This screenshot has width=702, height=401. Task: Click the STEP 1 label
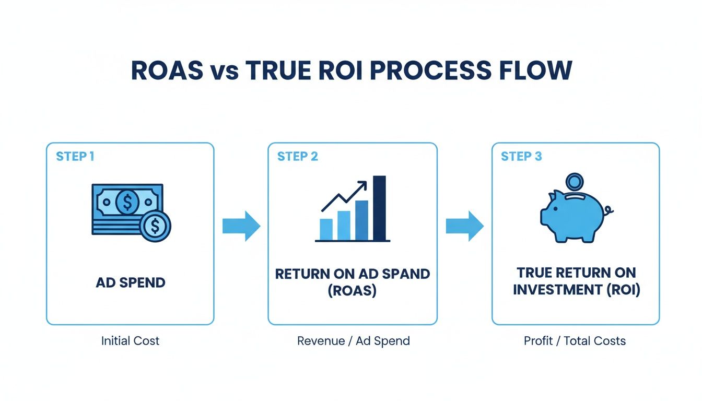click(x=75, y=157)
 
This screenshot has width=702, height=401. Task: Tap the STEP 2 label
click(x=297, y=157)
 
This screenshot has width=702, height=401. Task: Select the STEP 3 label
click(x=521, y=157)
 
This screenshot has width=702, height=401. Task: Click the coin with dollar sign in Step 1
click(x=155, y=226)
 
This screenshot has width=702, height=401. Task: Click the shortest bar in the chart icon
click(x=326, y=229)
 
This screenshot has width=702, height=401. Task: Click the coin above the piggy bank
click(x=575, y=183)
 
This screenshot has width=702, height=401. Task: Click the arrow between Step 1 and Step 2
click(x=241, y=226)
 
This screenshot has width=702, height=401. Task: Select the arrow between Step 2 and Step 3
click(x=464, y=226)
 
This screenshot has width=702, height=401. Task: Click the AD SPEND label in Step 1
click(x=131, y=282)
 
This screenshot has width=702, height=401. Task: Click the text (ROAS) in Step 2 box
click(x=352, y=291)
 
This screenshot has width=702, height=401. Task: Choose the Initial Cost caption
click(x=130, y=341)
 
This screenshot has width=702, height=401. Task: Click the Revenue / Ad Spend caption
click(x=353, y=341)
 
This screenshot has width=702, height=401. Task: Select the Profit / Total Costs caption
click(x=575, y=341)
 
